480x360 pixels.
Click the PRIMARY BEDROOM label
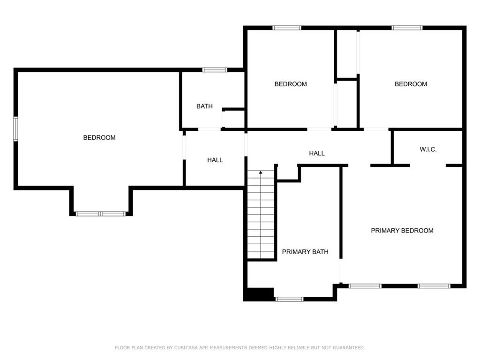(x=402, y=231)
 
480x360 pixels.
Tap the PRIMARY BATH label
(x=305, y=252)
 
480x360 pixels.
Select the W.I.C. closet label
(x=428, y=150)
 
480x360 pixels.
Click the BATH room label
(x=204, y=106)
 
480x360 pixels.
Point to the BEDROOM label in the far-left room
(x=99, y=137)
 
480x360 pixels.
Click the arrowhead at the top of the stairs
(x=261, y=172)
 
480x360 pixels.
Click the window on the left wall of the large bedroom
(x=15, y=128)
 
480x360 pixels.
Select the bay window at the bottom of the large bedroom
(x=101, y=214)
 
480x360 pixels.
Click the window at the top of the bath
(x=215, y=70)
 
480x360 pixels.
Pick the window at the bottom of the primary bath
(x=289, y=299)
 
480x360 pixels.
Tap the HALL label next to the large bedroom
(x=215, y=160)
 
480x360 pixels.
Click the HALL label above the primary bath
(x=316, y=153)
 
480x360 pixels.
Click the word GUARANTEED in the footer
(x=349, y=347)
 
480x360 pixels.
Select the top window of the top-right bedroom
(x=407, y=28)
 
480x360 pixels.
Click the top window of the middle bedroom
(x=287, y=28)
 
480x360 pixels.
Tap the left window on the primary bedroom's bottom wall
(x=365, y=286)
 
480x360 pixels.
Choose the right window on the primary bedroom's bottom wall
(x=434, y=286)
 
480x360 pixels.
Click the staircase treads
(x=261, y=214)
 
